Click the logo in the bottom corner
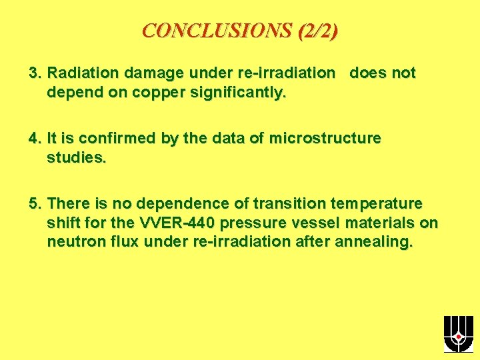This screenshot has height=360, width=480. pos(458,334)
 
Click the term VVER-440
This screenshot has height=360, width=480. pos(178,223)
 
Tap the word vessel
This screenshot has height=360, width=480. pos(329,223)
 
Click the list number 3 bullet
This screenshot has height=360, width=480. pos(34,73)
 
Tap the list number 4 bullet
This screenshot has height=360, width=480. pos(34,138)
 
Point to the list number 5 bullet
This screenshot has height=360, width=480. pos(34,203)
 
